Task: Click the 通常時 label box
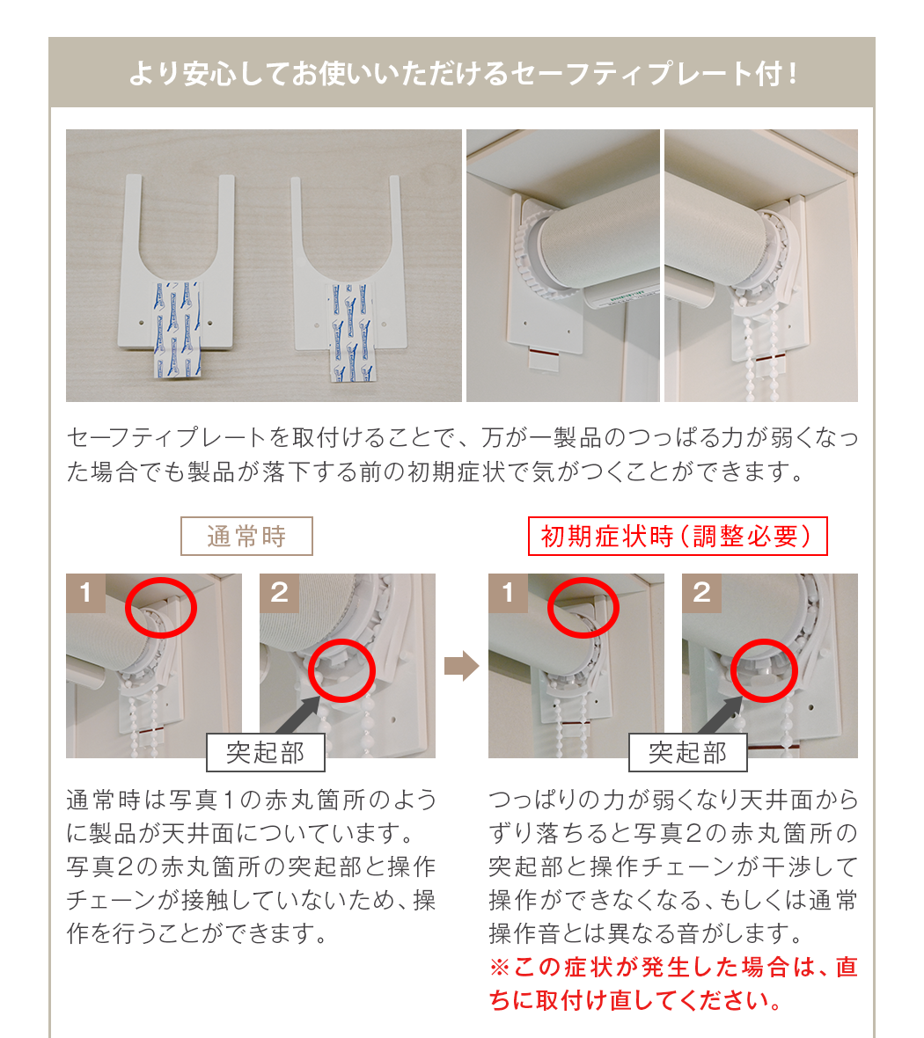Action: (x=246, y=536)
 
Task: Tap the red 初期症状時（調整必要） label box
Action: (x=677, y=536)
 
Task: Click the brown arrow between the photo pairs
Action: (x=461, y=665)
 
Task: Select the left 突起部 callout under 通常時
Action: (x=266, y=753)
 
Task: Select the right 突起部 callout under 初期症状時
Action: (x=687, y=753)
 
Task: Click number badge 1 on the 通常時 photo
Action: (x=85, y=593)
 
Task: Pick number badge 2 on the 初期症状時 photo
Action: (x=701, y=593)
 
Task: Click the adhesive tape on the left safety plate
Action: (x=178, y=329)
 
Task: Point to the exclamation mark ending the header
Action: (x=792, y=74)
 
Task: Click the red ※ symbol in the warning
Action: (x=499, y=967)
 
